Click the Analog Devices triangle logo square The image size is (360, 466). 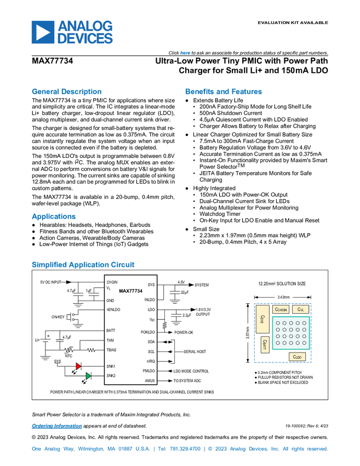(42, 32)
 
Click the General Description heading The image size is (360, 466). (67, 92)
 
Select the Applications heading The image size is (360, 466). (54, 217)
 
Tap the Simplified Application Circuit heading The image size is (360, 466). (83, 265)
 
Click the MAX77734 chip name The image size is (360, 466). (131, 291)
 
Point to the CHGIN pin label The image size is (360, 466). (112, 282)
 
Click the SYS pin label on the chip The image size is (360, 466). (151, 285)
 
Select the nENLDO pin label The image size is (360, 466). (113, 310)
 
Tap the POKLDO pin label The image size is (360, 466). (147, 332)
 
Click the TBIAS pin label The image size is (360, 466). (111, 350)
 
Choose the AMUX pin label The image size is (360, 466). (150, 380)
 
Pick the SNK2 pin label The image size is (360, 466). (111, 376)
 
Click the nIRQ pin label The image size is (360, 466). (151, 361)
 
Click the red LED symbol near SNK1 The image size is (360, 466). (78, 366)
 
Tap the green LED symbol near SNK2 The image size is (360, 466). (88, 376)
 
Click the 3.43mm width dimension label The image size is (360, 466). (283, 297)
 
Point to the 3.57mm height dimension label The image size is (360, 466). (247, 333)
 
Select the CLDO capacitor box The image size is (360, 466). (298, 357)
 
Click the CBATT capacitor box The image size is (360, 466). (265, 344)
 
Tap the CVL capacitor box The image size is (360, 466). (300, 310)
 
